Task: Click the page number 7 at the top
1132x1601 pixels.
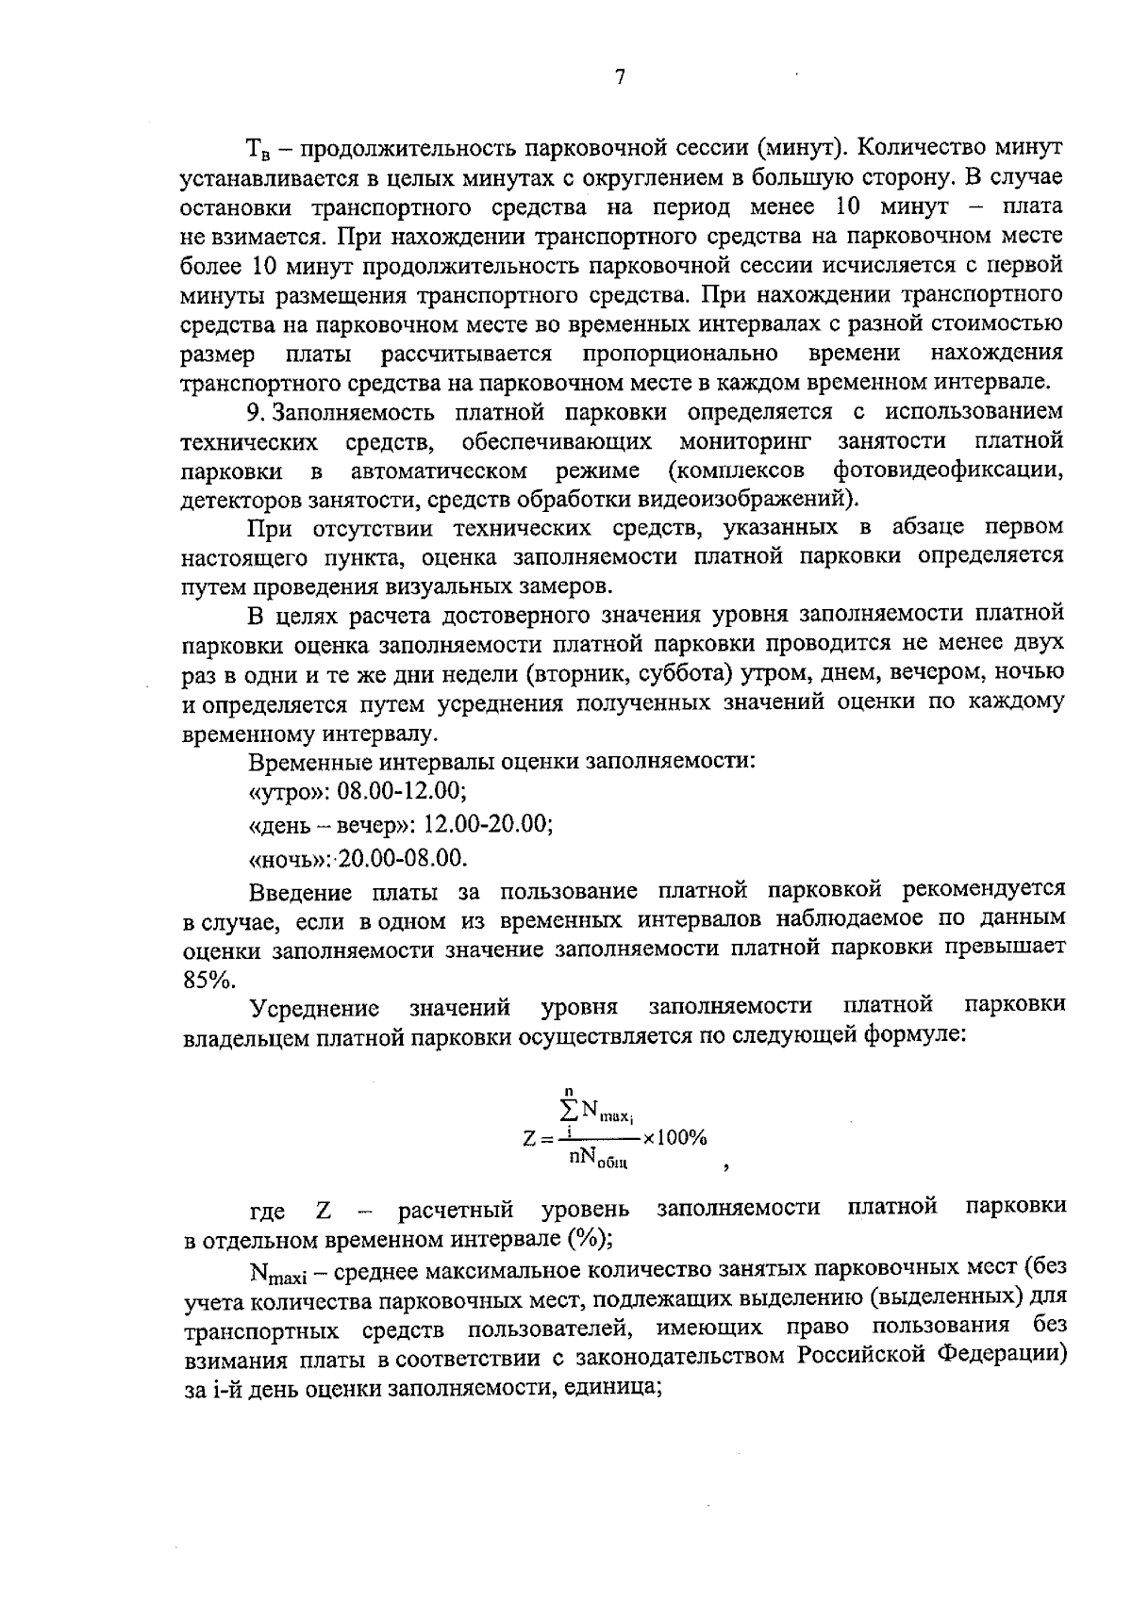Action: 620,78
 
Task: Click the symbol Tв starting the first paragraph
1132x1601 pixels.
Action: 258,149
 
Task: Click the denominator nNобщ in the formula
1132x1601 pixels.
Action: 598,1159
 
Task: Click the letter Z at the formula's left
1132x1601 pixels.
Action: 528,1138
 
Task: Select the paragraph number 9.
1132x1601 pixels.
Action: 252,412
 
